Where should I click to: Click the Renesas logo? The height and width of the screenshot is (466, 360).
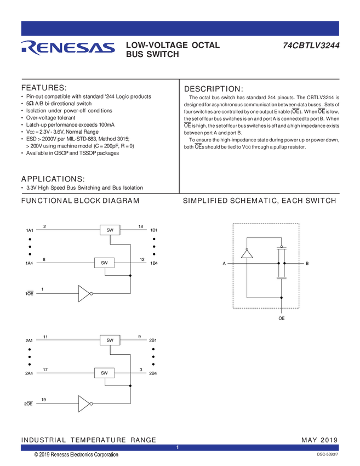[67, 48]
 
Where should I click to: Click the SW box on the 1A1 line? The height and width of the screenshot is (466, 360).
[110, 230]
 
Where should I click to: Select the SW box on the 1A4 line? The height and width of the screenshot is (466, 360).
[104, 263]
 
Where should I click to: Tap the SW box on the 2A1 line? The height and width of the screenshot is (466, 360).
[110, 340]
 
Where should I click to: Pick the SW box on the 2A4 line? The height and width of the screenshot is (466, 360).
[104, 373]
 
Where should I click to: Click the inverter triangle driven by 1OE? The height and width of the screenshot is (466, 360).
[84, 294]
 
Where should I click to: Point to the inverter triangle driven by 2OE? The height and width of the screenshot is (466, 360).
[84, 404]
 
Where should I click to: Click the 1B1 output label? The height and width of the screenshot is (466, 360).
[154, 230]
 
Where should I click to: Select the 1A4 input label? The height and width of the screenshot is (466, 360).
[30, 263]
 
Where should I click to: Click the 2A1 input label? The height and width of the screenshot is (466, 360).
[30, 340]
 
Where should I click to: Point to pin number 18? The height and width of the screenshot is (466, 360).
[140, 226]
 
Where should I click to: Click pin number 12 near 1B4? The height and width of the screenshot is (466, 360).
[142, 259]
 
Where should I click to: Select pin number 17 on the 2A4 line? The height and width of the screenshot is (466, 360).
[45, 370]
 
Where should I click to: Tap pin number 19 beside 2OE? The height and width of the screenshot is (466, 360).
[43, 400]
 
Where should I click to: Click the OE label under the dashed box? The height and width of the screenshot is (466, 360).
[281, 318]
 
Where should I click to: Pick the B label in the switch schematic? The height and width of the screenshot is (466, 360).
[307, 264]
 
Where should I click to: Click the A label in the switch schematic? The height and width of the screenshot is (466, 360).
[224, 264]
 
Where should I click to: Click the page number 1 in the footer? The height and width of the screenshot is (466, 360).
[178, 448]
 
